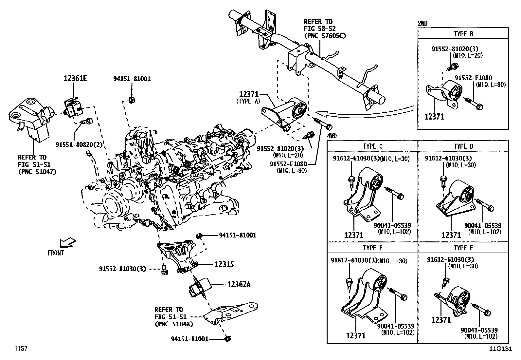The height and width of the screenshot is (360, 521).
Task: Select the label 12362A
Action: (239, 284)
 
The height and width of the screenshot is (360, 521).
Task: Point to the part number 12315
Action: (224, 264)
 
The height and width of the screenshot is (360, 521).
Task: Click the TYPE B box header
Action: (463, 34)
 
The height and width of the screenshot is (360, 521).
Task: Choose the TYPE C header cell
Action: (372, 146)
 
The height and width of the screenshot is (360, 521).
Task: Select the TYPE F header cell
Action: (463, 248)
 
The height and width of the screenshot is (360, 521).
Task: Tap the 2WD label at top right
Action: (422, 23)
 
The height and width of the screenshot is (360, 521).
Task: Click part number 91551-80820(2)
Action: (75, 144)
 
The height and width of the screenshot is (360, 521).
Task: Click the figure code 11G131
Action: (500, 349)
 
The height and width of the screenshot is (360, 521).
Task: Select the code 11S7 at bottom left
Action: (20, 348)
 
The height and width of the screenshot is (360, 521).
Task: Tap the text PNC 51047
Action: (37, 171)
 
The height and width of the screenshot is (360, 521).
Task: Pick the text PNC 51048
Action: (173, 324)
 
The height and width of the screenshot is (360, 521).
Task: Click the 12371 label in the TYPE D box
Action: (451, 235)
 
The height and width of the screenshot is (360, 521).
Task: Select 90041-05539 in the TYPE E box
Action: (396, 326)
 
